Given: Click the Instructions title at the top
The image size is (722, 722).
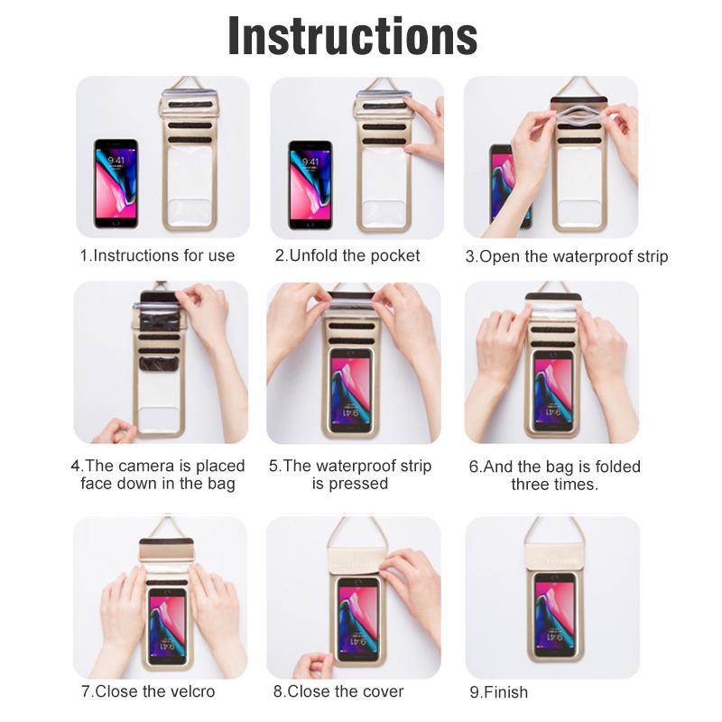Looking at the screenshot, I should coord(353,35).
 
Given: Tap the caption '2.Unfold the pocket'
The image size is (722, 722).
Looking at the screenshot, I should coord(347,255).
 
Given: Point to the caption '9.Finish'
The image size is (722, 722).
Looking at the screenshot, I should coord(498,692).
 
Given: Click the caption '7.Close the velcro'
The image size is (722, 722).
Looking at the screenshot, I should coord(149,692).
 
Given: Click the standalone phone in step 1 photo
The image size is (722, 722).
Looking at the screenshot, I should coord(116,183).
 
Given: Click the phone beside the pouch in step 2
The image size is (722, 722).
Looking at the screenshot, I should coord(310,184).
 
